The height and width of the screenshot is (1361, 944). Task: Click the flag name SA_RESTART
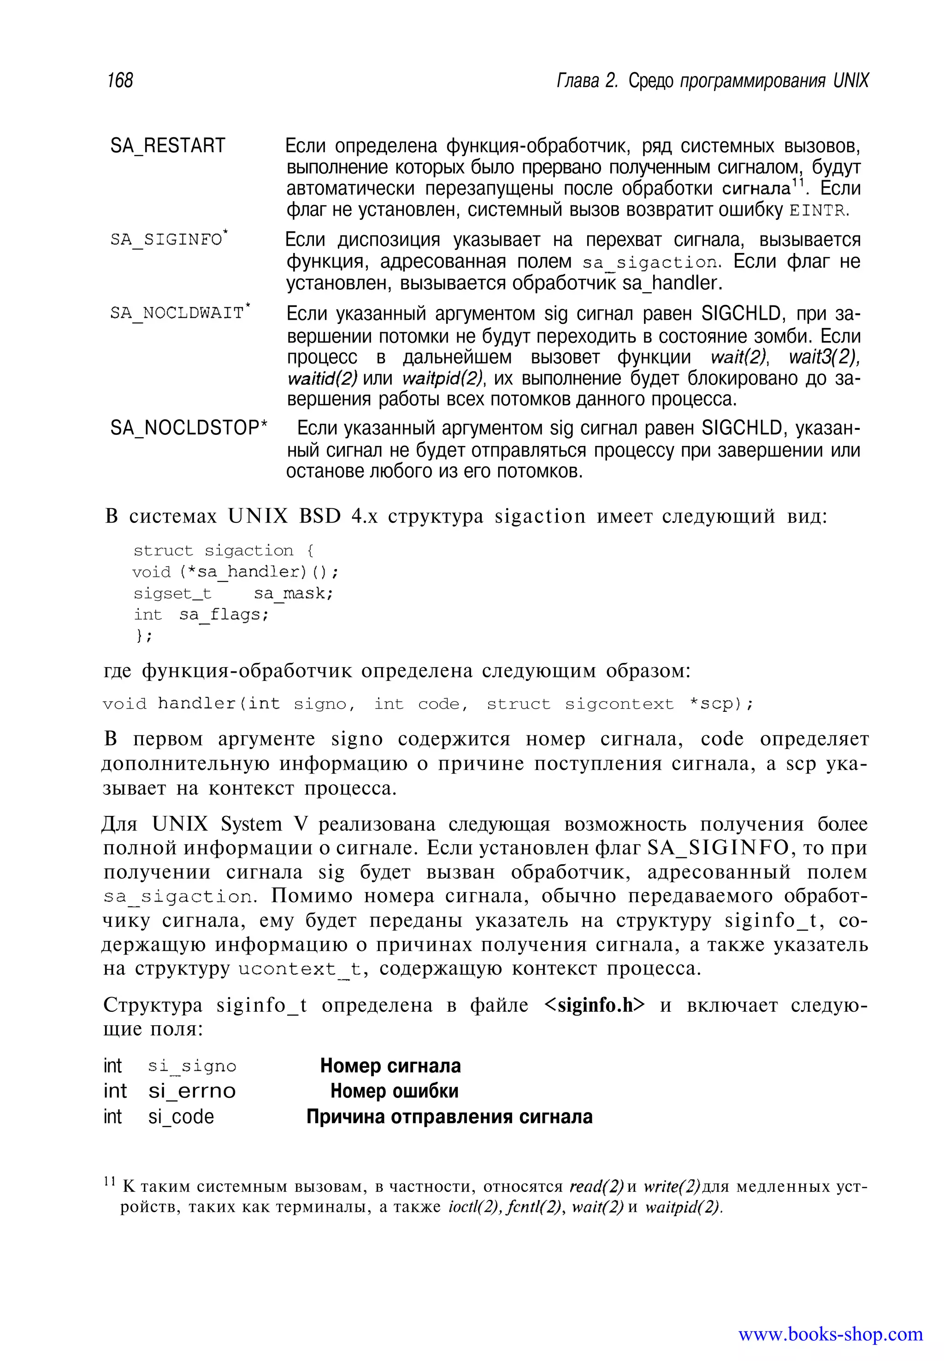pos(167,146)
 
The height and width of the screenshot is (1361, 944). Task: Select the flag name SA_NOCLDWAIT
pos(177,313)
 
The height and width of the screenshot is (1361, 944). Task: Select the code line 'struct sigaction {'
pos(224,551)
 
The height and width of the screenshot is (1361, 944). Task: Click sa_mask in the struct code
pos(292,593)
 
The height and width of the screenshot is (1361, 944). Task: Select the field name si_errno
pos(192,1091)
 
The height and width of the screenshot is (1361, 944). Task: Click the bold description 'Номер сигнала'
pos(390,1066)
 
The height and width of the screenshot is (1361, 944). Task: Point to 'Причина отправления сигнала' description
pos(449,1117)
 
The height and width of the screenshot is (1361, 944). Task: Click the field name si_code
pos(181,1117)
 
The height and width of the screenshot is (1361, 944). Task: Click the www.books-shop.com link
pos(831,1334)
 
